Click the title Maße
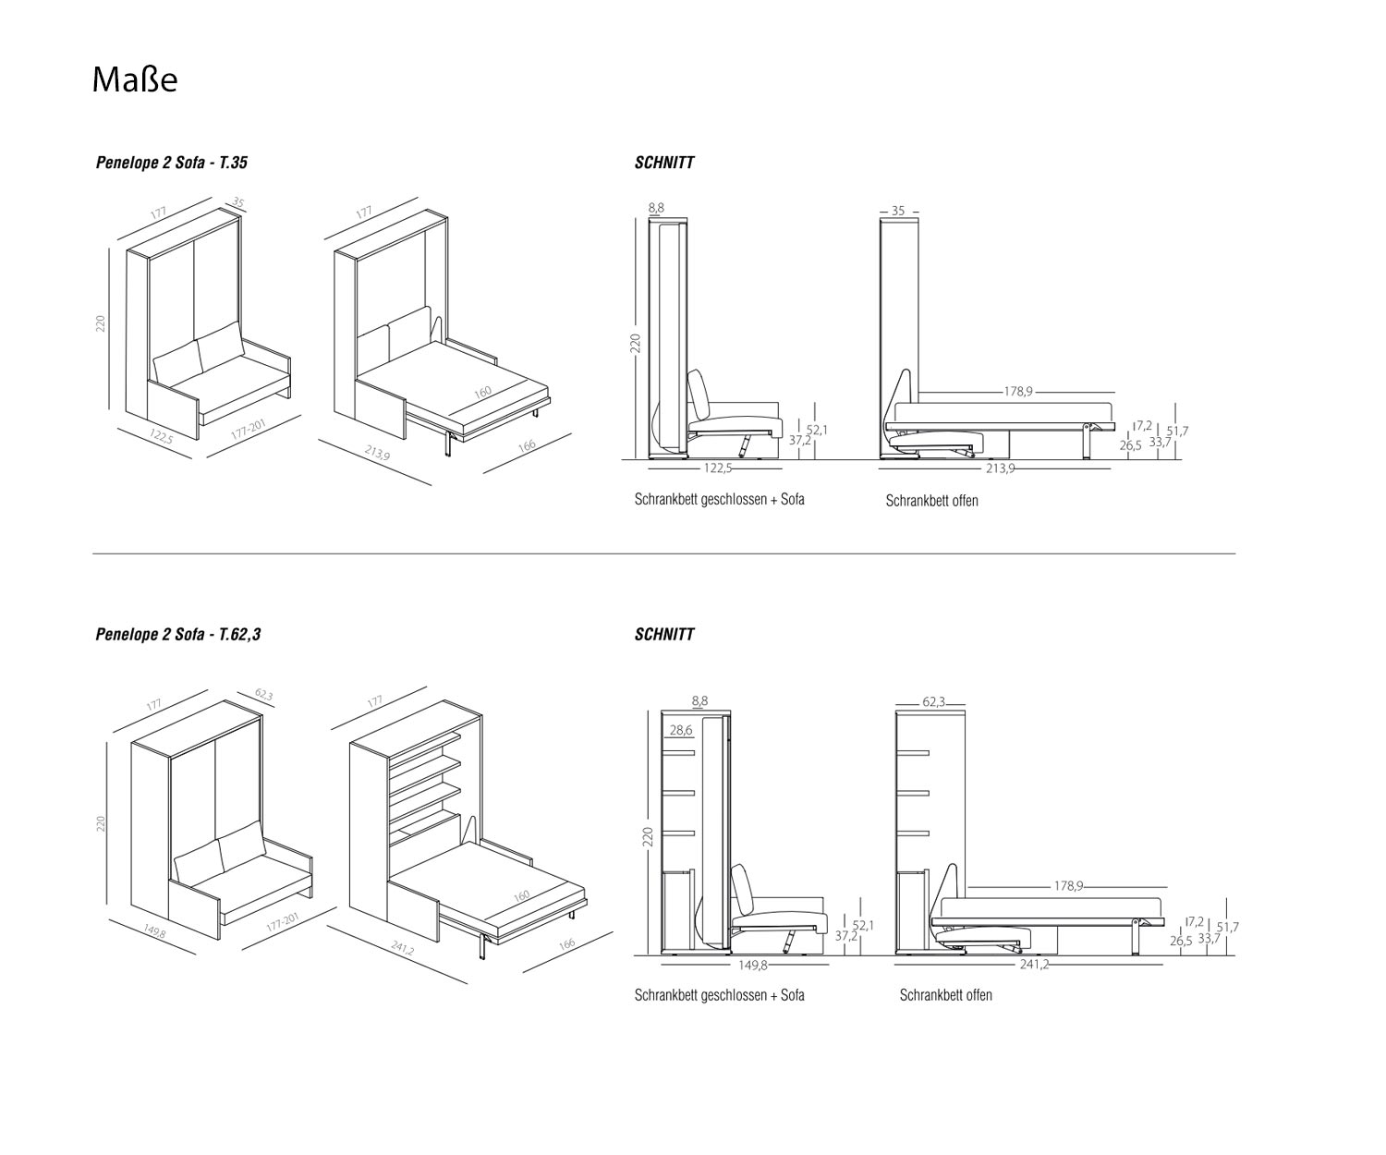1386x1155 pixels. click(x=135, y=79)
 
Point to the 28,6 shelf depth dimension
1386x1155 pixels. click(x=681, y=730)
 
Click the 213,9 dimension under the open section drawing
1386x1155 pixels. click(x=1000, y=468)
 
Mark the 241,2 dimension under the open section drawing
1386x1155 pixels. click(x=1033, y=965)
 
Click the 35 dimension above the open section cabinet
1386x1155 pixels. click(x=898, y=211)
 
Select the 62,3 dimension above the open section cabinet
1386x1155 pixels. click(x=933, y=702)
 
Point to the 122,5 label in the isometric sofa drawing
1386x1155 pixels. click(x=160, y=437)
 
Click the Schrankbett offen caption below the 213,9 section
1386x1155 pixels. click(x=931, y=501)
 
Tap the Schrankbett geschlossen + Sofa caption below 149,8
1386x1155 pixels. click(x=719, y=995)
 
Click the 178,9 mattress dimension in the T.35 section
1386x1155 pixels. click(x=1017, y=392)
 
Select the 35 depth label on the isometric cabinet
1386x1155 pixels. click(x=238, y=203)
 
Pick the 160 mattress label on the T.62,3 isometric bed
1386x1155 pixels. click(x=521, y=896)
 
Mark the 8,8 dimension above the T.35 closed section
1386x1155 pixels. click(x=656, y=209)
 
